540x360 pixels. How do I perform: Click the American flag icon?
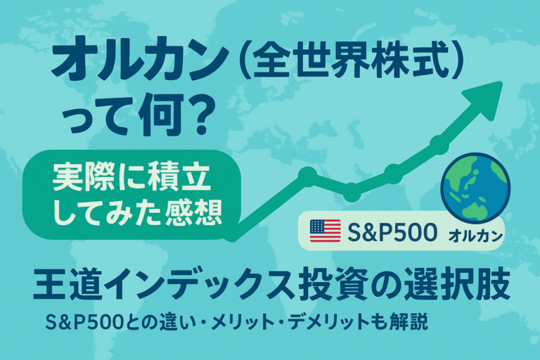coord(325,231)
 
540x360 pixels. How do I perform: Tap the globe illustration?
coord(475,188)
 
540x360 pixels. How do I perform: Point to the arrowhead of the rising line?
coord(486,98)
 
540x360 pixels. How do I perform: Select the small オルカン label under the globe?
coord(475,236)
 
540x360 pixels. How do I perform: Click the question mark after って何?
coord(195,115)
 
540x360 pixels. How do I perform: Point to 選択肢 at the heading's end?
coord(457,285)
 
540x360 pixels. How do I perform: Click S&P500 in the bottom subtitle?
coord(84,322)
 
